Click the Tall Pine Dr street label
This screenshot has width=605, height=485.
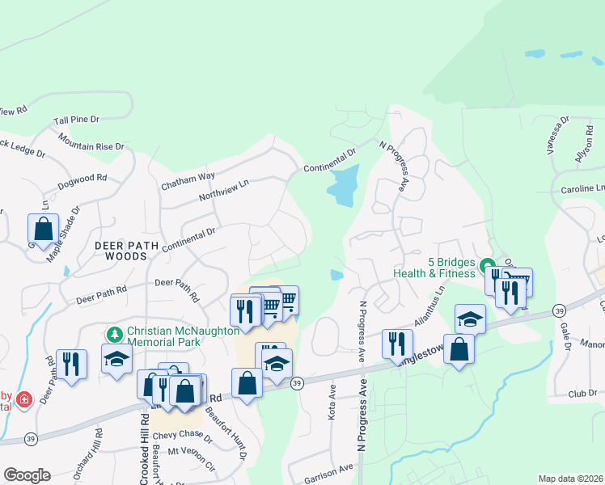click(76, 120)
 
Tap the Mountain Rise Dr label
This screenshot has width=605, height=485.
click(91, 142)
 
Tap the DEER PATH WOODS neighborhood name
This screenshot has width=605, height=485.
click(121, 250)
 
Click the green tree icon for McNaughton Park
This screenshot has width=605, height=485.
click(115, 333)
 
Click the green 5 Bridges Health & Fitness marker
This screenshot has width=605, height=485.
click(487, 265)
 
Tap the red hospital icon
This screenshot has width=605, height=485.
click(24, 399)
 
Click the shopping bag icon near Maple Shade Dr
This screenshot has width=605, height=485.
click(44, 228)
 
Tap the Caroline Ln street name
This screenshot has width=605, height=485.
click(582, 188)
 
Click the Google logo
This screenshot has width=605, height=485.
click(27, 475)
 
